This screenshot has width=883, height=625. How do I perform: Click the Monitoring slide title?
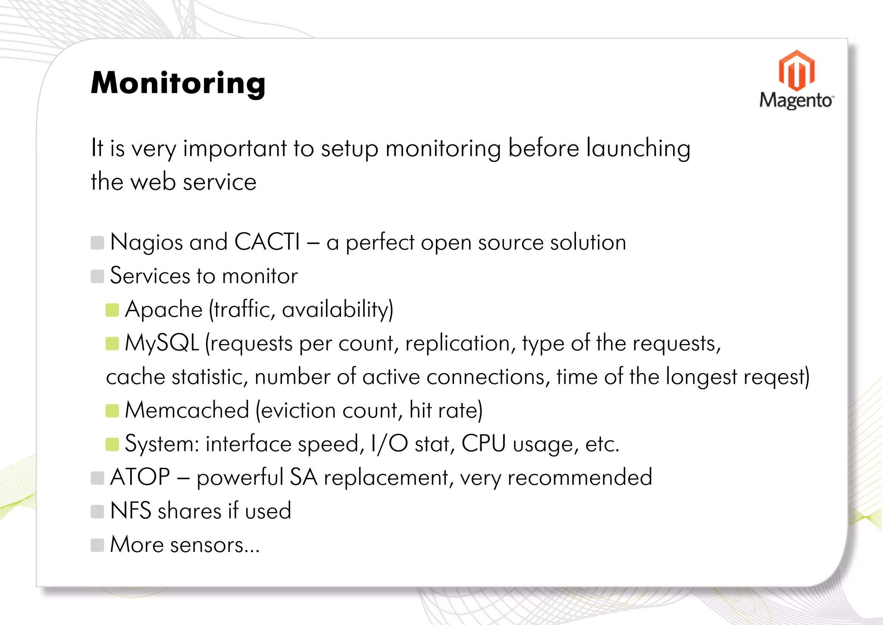[178, 83]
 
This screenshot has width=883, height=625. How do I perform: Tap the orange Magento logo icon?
[796, 70]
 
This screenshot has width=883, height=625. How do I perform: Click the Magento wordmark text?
[796, 100]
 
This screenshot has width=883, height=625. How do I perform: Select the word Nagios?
[147, 243]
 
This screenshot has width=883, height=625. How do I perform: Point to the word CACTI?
[267, 242]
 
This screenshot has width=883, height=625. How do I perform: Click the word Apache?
[164, 309]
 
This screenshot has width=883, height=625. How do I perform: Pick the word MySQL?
[162, 343]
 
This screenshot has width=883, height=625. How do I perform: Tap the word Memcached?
[187, 410]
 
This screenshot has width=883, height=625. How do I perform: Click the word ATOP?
[140, 477]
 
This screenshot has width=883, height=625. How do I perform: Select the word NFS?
[131, 511]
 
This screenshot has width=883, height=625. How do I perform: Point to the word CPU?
[483, 444]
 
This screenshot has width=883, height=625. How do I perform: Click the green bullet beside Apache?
[112, 310]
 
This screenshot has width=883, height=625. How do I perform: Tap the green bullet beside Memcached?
[112, 410]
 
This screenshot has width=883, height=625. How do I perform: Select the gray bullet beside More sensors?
[97, 545]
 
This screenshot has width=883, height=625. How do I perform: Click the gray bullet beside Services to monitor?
[97, 276]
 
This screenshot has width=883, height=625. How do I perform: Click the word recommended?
[579, 478]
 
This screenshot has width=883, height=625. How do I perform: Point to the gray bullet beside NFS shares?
[97, 511]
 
